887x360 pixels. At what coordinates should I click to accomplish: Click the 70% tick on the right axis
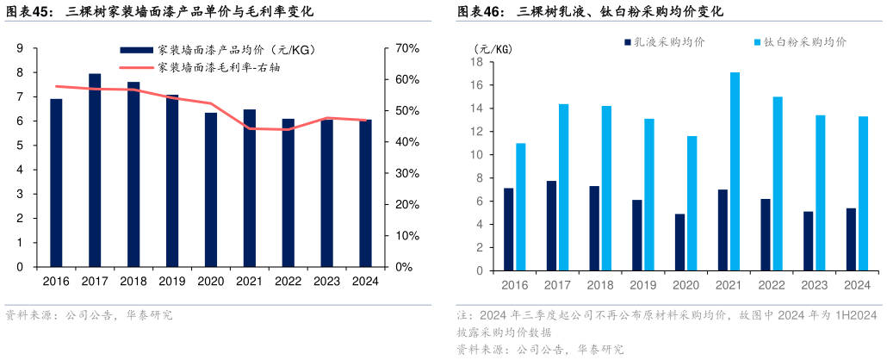[406, 48]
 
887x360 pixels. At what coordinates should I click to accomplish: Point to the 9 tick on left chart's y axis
[20, 48]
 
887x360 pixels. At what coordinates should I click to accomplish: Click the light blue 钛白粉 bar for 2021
[735, 172]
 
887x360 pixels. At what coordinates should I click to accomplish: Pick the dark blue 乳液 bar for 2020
[679, 243]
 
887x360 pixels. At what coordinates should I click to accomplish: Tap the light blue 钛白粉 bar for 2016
[521, 208]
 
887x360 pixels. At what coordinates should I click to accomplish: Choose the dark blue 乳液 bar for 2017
[551, 227]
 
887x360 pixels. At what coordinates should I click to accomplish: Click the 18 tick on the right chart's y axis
[475, 62]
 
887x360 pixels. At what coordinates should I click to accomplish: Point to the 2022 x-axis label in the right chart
[772, 285]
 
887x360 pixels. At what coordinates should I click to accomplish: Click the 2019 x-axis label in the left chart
[172, 281]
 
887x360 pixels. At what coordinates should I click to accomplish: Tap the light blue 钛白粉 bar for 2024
[863, 195]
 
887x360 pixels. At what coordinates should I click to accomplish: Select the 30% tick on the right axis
[406, 173]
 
